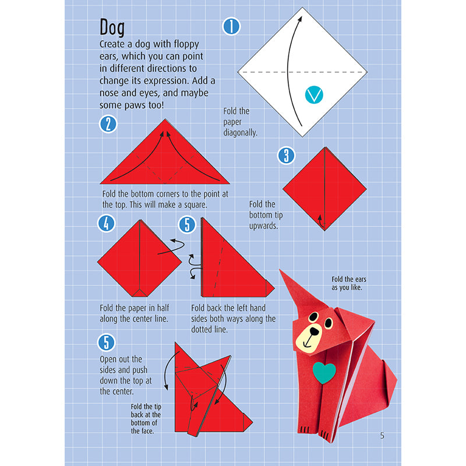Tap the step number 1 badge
[232, 26]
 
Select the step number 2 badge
[108, 123]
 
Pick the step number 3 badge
[286, 155]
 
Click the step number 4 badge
[106, 224]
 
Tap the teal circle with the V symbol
[315, 94]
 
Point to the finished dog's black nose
[315, 331]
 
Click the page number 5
[382, 435]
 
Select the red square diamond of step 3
[324, 189]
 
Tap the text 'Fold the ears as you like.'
[349, 284]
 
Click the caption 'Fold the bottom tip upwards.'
[263, 215]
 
